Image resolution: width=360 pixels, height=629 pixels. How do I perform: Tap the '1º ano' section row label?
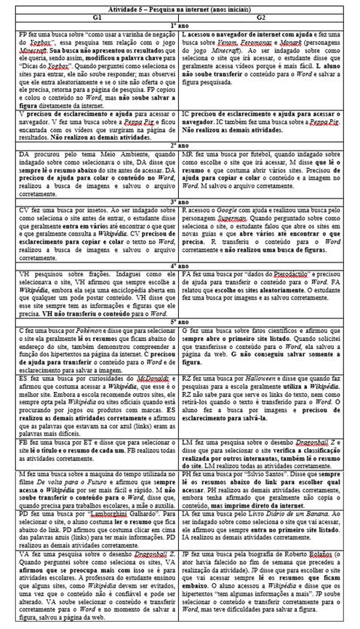click(x=180, y=23)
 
